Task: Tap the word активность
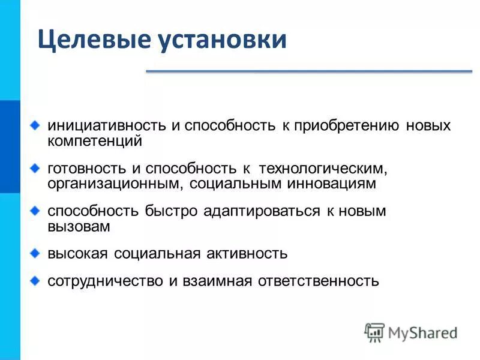[246, 254]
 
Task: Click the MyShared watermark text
[422, 332]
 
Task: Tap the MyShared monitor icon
[374, 332]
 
